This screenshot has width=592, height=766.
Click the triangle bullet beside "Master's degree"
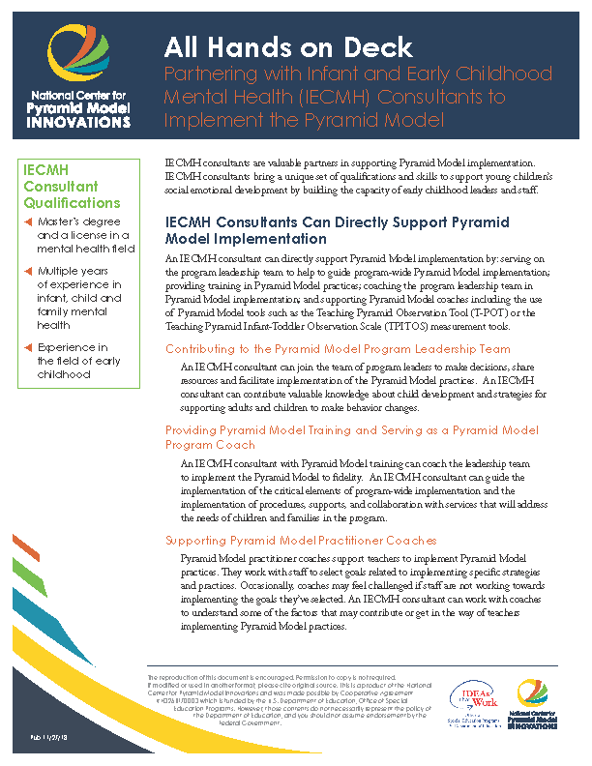tap(28, 222)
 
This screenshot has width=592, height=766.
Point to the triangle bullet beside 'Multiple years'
tap(28, 272)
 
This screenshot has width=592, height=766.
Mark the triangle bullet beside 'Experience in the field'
tap(28, 348)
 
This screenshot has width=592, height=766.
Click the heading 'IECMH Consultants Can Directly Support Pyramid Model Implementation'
tap(337, 229)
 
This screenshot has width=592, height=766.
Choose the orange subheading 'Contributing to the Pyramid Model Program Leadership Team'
tap(338, 349)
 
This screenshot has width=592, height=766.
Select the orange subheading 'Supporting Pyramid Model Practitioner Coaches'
tap(300, 540)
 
